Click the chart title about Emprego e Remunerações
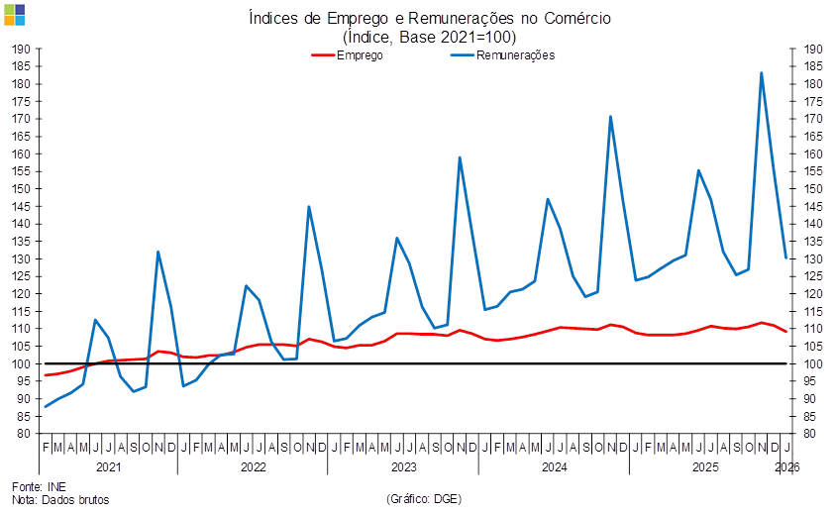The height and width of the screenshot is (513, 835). [x=430, y=18]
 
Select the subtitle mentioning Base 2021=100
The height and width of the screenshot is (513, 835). [x=430, y=36]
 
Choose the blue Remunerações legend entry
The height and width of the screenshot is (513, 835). [x=503, y=55]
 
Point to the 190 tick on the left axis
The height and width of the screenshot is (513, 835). [x=24, y=49]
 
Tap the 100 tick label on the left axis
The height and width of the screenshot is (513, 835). [x=24, y=363]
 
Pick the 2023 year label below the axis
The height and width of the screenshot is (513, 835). [x=403, y=465]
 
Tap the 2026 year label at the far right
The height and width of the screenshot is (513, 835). [x=787, y=465]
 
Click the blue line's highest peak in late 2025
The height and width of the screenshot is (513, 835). [x=762, y=72]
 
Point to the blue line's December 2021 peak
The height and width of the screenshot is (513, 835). [x=158, y=252]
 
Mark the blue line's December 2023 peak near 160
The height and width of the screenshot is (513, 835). [x=460, y=156]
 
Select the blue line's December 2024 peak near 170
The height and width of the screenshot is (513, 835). [x=611, y=117]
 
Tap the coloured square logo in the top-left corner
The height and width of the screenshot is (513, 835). [x=14, y=14]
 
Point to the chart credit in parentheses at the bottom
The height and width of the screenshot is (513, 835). [x=424, y=499]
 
